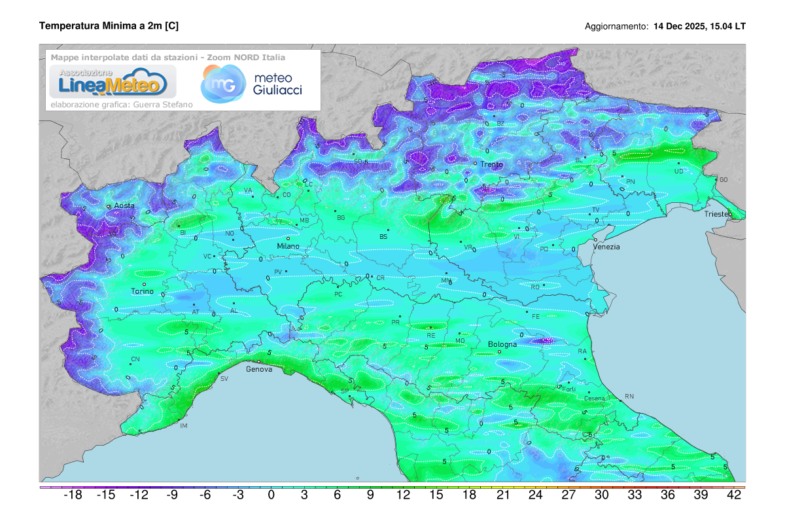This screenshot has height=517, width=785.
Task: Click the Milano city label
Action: click(x=288, y=246)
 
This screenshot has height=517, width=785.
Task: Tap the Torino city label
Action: click(x=142, y=291)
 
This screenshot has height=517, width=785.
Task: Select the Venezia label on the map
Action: click(x=606, y=247)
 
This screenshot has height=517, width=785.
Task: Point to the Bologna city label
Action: click(x=502, y=344)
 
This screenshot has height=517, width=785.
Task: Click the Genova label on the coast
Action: click(x=258, y=369)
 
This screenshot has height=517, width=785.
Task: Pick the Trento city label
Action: click(x=491, y=164)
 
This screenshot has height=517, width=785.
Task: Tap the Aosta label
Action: click(x=124, y=205)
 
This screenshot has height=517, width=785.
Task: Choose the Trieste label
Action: click(x=719, y=214)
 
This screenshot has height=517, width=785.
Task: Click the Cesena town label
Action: click(x=595, y=399)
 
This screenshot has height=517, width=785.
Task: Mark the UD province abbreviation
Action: click(x=678, y=171)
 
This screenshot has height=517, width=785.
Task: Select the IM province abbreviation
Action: click(x=184, y=426)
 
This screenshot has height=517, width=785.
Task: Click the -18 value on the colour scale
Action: click(x=72, y=495)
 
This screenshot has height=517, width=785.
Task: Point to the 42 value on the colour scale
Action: click(x=734, y=495)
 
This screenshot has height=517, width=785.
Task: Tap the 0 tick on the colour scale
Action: click(x=271, y=495)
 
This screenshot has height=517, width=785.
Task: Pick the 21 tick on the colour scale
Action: click(x=502, y=495)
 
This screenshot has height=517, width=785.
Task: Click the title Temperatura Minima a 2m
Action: click(x=109, y=26)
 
